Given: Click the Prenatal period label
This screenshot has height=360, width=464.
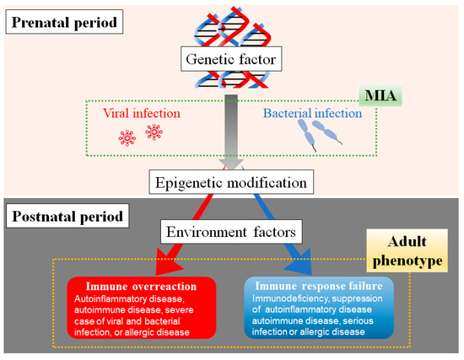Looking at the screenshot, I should pyautogui.click(x=62, y=18).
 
